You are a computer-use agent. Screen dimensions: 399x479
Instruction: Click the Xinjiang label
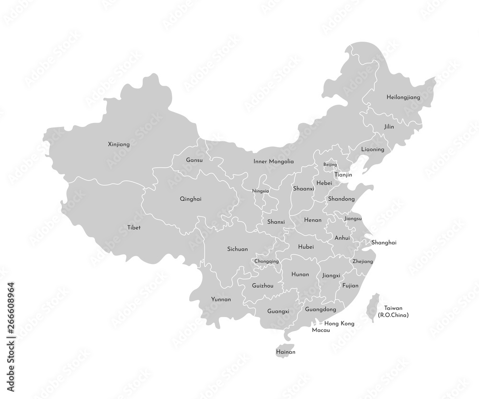click(119, 144)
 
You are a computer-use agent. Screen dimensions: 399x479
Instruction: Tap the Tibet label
click(134, 228)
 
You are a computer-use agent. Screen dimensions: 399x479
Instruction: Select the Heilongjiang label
click(403, 97)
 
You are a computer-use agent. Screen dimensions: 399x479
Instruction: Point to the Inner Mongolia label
click(274, 162)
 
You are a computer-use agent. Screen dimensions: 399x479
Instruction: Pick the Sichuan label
click(237, 249)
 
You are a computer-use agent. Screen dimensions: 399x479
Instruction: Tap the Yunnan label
click(221, 299)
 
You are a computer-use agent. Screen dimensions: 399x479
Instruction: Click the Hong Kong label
click(339, 324)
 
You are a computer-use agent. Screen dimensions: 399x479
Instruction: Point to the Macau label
click(320, 331)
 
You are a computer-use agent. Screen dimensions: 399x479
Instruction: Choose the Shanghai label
click(384, 243)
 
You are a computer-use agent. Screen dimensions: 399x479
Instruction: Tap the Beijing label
click(330, 165)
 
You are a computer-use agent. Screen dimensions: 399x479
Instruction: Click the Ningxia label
click(261, 191)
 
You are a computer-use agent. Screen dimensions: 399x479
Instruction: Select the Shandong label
click(341, 199)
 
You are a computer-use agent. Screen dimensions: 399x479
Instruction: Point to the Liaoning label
click(373, 149)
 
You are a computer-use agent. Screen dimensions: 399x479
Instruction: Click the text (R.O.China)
click(393, 315)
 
